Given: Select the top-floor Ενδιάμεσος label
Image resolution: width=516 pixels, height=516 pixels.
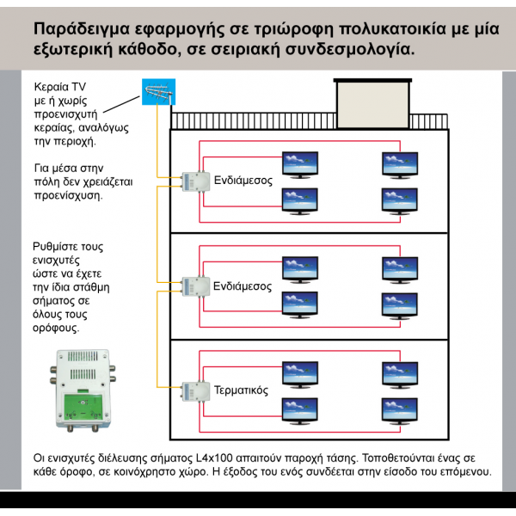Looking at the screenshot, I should (243, 181).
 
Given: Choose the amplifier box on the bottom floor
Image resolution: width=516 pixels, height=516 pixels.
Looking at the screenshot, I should (196, 390).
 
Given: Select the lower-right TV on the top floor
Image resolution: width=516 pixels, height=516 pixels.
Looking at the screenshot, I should (400, 200).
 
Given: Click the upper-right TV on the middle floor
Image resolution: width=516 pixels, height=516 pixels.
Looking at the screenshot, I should (400, 268).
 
